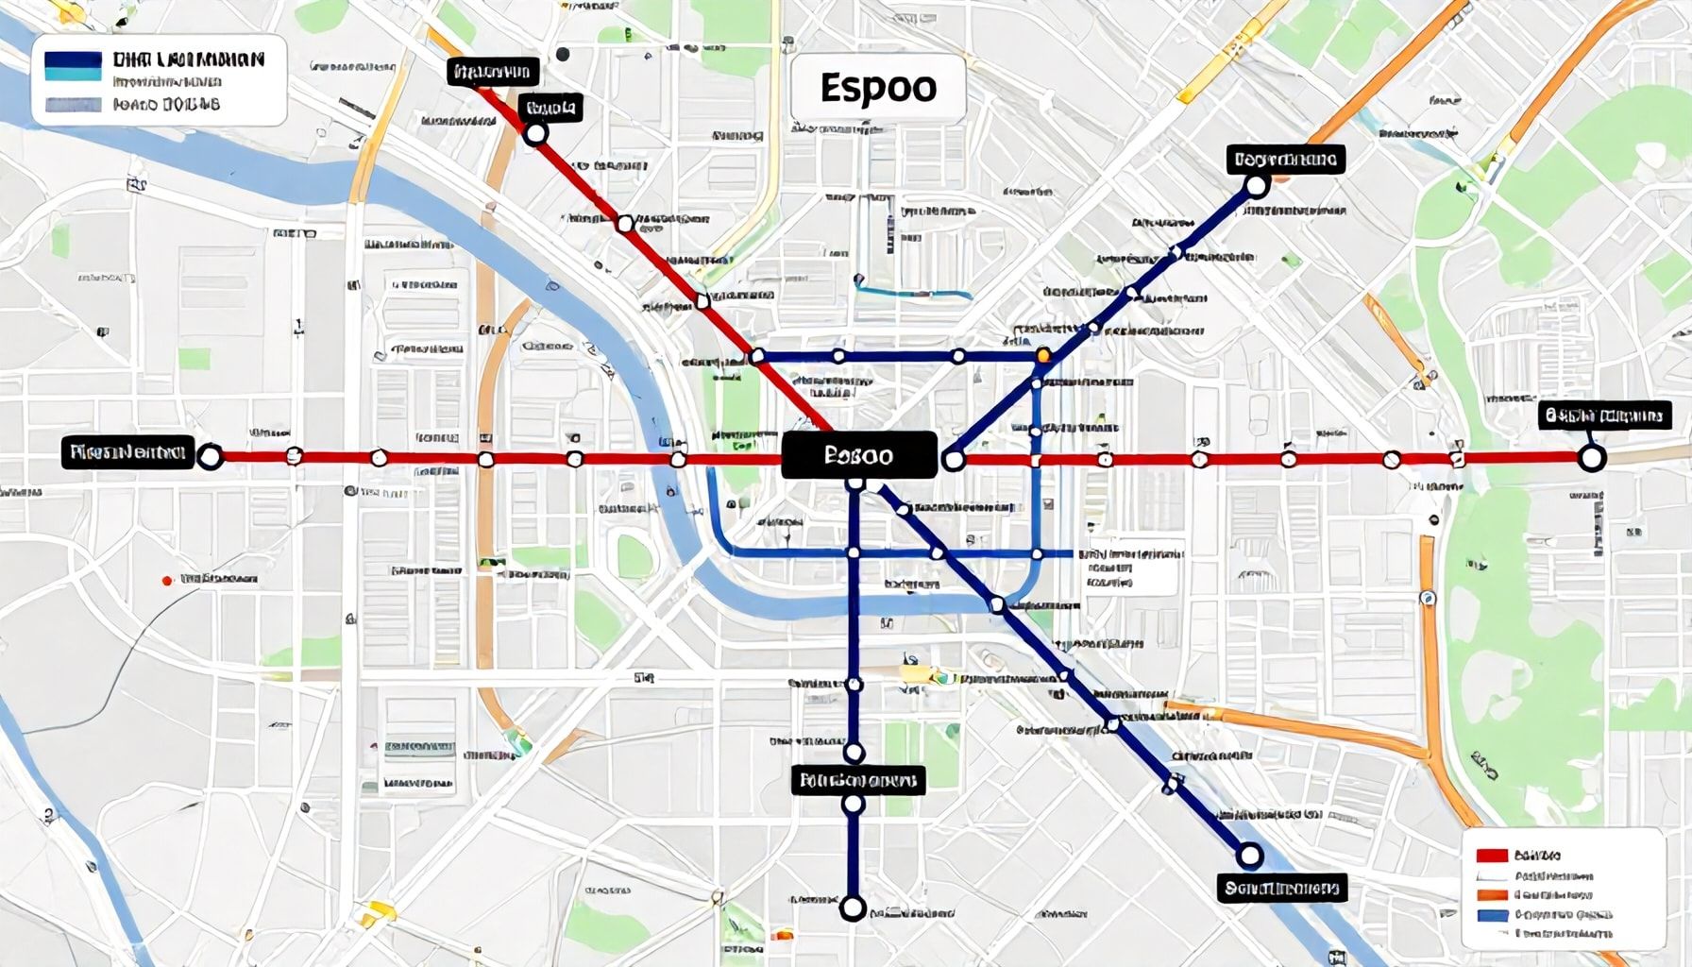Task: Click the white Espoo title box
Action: [877, 88]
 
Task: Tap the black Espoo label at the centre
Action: [859, 455]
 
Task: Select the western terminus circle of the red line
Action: [210, 457]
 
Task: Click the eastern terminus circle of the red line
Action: [1591, 459]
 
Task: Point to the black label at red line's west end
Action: [127, 452]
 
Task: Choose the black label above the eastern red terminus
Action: [1603, 415]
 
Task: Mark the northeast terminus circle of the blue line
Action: [1256, 186]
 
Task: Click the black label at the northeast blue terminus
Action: [1285, 159]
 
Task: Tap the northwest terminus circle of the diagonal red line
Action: [535, 134]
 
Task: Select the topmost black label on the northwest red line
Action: [492, 72]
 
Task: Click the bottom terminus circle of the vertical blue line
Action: [853, 908]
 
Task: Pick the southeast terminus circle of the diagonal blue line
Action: [1249, 856]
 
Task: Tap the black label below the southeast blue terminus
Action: [1281, 888]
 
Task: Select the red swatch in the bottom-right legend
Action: [1492, 856]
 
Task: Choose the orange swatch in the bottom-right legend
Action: [1492, 894]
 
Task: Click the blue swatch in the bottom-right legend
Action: [1492, 914]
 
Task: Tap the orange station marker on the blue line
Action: [1043, 356]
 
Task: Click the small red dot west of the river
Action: [167, 580]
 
